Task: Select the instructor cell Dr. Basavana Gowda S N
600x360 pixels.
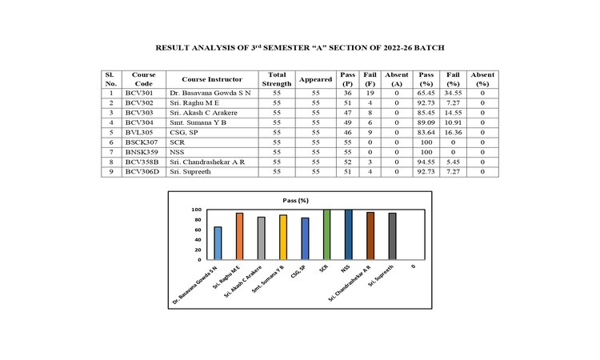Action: point(210,94)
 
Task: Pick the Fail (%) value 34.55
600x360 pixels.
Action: point(454,94)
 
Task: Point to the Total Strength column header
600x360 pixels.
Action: point(277,79)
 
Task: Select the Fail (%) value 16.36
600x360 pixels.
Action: point(454,132)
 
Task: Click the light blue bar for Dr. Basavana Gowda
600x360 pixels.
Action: point(218,243)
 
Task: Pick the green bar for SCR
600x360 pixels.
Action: point(326,234)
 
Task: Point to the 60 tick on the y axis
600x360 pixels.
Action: point(196,230)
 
